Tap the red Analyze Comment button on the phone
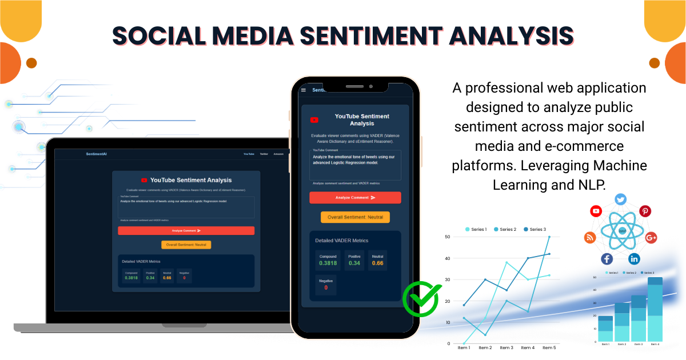point(355,198)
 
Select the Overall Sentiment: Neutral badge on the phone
point(355,217)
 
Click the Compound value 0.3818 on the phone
point(328,263)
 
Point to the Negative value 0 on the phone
point(326,287)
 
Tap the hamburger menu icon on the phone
point(304,90)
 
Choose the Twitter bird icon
point(621,199)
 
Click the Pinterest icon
point(645,211)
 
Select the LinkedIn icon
point(635,258)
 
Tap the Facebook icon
point(607,258)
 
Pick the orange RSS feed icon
point(590,237)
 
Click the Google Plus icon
point(651,237)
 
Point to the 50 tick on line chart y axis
point(447,237)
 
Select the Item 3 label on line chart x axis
point(506,347)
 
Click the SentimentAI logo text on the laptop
point(97,154)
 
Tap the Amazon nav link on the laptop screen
point(278,154)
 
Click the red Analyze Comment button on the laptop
point(186,231)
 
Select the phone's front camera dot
point(370,87)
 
